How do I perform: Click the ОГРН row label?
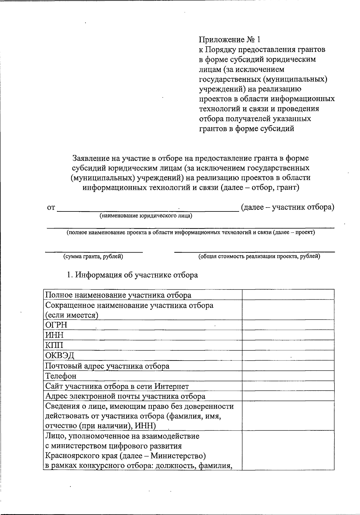click(x=56, y=325)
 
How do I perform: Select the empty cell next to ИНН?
click(x=288, y=335)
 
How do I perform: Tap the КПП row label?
click(x=54, y=345)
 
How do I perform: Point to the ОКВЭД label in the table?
click(x=60, y=355)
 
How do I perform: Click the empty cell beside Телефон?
click(x=288, y=376)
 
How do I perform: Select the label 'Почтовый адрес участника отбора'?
click(x=107, y=366)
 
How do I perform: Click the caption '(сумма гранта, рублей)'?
click(x=93, y=256)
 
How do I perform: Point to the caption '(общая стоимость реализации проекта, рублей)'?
click(x=259, y=256)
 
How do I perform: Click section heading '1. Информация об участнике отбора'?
click(x=132, y=275)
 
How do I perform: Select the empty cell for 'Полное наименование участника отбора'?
click(x=288, y=295)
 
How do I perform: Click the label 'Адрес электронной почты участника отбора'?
click(x=125, y=396)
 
